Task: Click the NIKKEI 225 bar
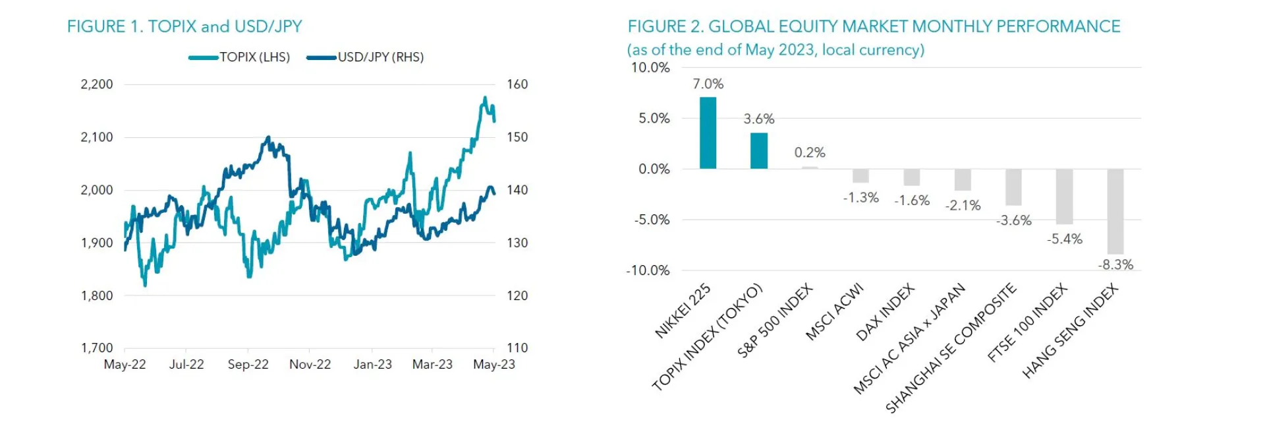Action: click(x=708, y=133)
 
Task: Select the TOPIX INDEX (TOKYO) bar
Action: click(x=759, y=151)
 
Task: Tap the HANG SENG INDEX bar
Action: click(x=1115, y=211)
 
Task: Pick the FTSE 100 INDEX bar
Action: click(x=1064, y=197)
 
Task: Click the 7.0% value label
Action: click(x=708, y=84)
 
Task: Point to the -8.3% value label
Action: click(x=1115, y=264)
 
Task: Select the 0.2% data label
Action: click(x=810, y=152)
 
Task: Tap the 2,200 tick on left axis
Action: click(x=97, y=84)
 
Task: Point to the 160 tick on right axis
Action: click(x=517, y=84)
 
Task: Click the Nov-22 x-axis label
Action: click(x=310, y=364)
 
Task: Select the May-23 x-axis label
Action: click(x=493, y=364)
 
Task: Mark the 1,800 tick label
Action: click(x=97, y=295)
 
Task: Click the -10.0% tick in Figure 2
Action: click(x=648, y=270)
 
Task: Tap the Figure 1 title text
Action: click(x=184, y=26)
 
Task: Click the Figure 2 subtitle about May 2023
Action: click(x=775, y=50)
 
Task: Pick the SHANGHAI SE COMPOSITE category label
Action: click(x=950, y=348)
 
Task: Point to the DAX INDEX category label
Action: click(x=885, y=312)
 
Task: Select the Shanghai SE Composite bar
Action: click(x=1013, y=187)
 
